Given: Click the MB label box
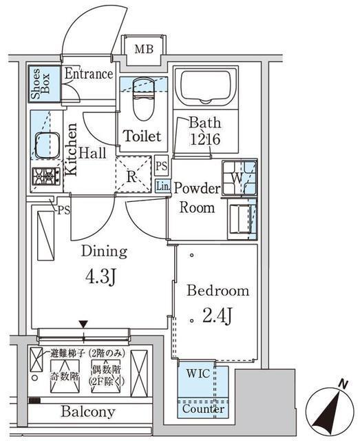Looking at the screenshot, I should (x=145, y=49).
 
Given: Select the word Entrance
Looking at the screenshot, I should (x=88, y=74).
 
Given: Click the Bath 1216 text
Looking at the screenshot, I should (x=205, y=130).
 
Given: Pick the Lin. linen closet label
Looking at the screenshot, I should (x=162, y=186).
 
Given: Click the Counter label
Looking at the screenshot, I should (x=203, y=408).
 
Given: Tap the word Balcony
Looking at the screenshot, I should (x=87, y=412).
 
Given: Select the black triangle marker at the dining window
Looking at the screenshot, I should (x=83, y=324).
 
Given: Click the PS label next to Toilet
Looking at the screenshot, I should (x=161, y=166).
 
